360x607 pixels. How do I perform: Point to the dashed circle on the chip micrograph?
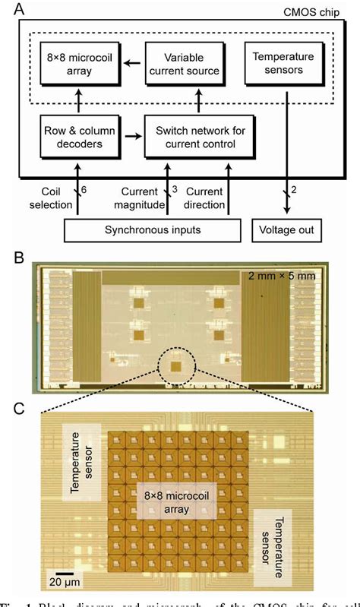tap(176, 366)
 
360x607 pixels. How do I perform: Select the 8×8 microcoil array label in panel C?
tap(176, 502)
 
